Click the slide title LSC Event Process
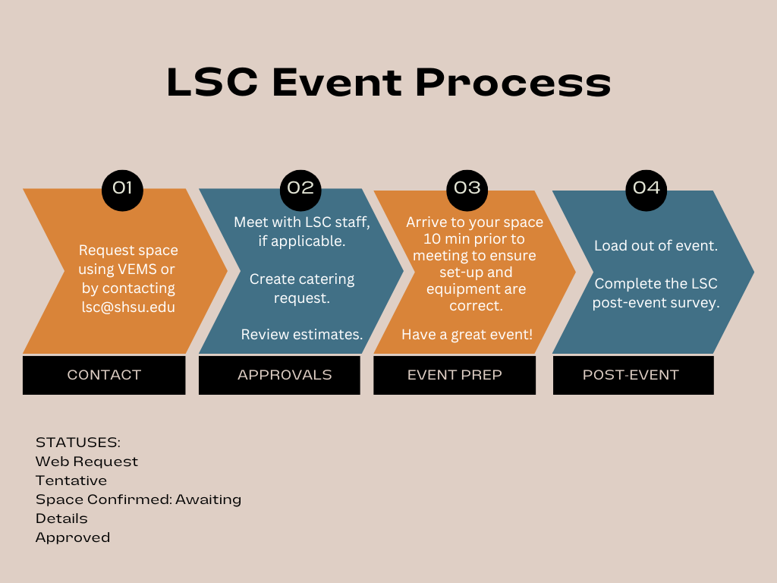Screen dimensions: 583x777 (388, 83)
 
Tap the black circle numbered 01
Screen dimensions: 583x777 (122, 188)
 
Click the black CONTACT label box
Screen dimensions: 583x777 (104, 375)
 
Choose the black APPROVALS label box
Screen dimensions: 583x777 (284, 375)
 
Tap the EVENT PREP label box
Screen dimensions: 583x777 (455, 375)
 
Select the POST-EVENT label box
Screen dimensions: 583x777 (631, 375)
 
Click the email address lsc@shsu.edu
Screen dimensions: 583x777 (128, 307)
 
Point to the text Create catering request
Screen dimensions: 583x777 (302, 288)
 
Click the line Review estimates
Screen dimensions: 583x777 (302, 335)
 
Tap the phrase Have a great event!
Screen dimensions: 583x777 (467, 335)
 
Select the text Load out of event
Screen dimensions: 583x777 (656, 246)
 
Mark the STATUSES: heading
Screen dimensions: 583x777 (78, 443)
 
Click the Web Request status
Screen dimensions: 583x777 (87, 462)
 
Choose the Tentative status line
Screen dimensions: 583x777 (71, 481)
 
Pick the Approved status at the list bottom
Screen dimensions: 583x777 (73, 537)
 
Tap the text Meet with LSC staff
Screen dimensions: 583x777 (301, 222)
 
